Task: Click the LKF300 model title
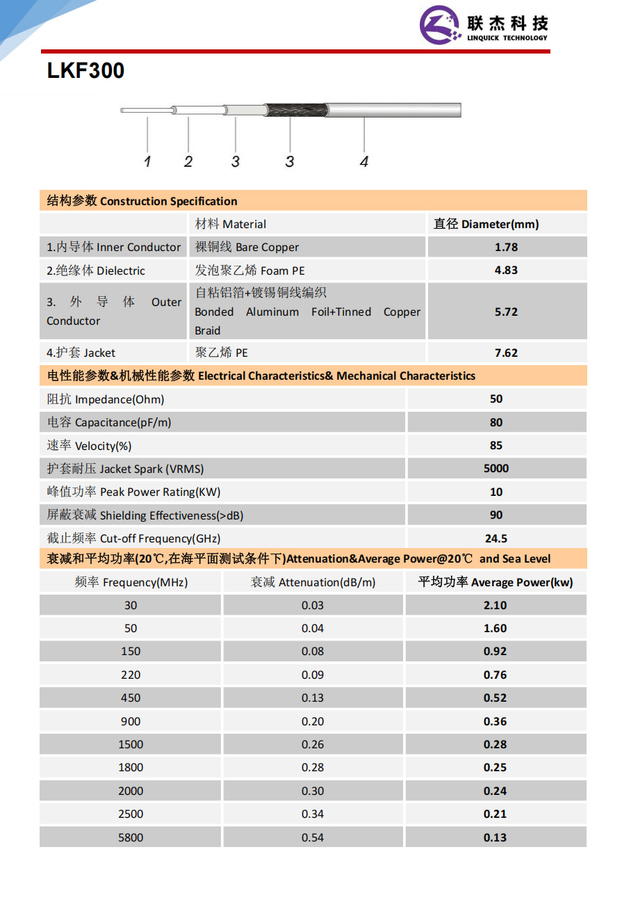click(x=85, y=71)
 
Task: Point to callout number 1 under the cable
click(x=147, y=161)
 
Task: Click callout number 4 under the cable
click(x=364, y=161)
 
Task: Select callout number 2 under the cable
click(x=188, y=161)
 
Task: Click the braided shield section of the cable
click(x=295, y=110)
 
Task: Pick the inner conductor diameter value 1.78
click(x=506, y=248)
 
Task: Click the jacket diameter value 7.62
click(x=506, y=353)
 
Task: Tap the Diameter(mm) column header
click(x=486, y=224)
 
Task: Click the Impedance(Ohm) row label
click(x=106, y=399)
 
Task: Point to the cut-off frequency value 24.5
click(x=496, y=538)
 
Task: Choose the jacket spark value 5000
click(x=496, y=469)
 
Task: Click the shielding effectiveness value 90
click(x=496, y=515)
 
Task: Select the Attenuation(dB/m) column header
click(x=313, y=582)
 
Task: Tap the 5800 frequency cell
click(x=131, y=837)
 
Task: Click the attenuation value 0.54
click(x=313, y=837)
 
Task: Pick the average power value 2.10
click(x=495, y=605)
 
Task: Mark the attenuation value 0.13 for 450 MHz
click(x=313, y=698)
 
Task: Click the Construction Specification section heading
click(x=142, y=201)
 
